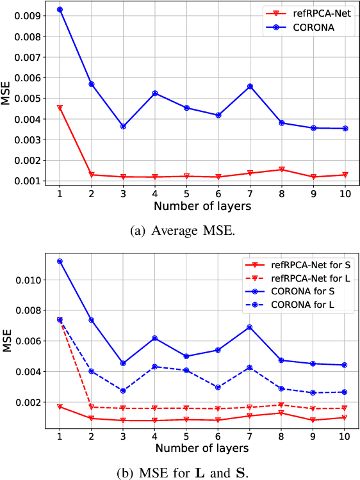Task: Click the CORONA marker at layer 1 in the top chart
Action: point(60,10)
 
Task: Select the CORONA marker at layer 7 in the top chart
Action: point(250,86)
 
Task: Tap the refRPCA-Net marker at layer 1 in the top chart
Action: point(60,108)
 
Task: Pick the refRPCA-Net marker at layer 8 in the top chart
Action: point(282,170)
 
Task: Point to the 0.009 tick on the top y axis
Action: point(30,15)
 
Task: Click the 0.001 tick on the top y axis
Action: point(30,181)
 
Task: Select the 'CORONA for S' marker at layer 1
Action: point(60,261)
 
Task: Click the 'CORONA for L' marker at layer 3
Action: point(123,390)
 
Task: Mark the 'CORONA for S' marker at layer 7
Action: point(250,327)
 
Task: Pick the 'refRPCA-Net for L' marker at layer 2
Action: point(92,407)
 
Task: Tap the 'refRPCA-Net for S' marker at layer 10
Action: point(345,417)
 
